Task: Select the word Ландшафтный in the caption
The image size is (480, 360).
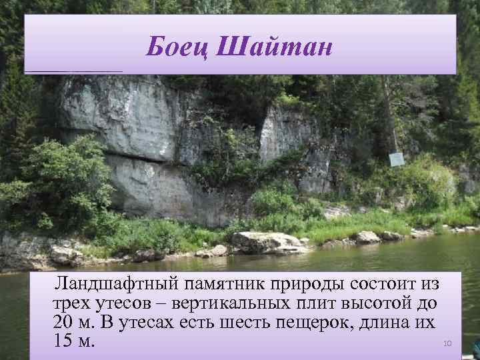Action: pos(110,285)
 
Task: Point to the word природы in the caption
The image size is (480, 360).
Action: pos(307,285)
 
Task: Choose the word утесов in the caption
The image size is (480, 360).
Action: pos(127,304)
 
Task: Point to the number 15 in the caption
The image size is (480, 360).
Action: pos(63,341)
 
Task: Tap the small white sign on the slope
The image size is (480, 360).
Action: pos(397,159)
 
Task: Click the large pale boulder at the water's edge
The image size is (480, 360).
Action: pos(267,241)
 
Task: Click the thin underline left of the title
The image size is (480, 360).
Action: pos(73,71)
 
